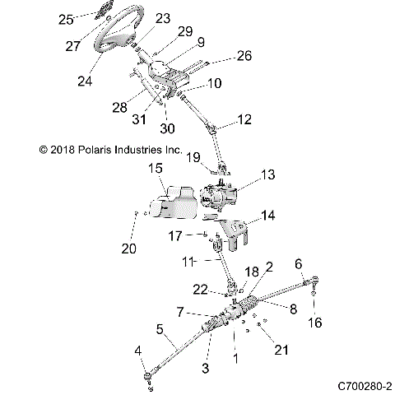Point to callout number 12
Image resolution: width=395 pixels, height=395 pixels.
pos(244,119)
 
